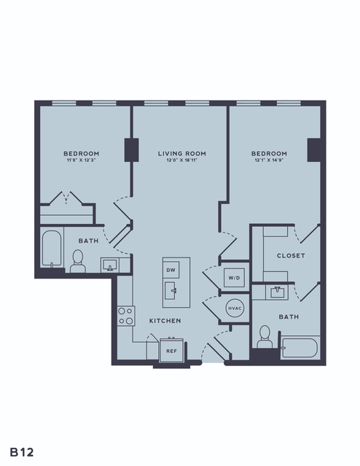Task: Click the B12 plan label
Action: tap(22, 452)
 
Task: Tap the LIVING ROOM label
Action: tap(181, 154)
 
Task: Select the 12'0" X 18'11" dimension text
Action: tap(181, 160)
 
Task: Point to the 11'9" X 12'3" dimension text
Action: tap(81, 160)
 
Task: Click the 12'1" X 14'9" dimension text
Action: tap(269, 160)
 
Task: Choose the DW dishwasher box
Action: tap(171, 270)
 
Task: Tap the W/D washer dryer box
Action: tap(234, 278)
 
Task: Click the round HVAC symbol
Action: tap(235, 308)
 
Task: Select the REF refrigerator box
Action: tap(171, 351)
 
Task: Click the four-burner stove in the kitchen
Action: tap(126, 316)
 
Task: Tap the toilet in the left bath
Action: tap(78, 261)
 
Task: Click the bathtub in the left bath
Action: tap(52, 249)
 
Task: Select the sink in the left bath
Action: tap(110, 265)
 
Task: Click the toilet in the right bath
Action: tap(265, 337)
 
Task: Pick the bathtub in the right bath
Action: tap(300, 348)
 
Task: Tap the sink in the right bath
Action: tap(278, 292)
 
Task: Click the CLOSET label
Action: tap(291, 255)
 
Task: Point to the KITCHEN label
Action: tap(165, 321)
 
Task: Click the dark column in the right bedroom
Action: tap(314, 150)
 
